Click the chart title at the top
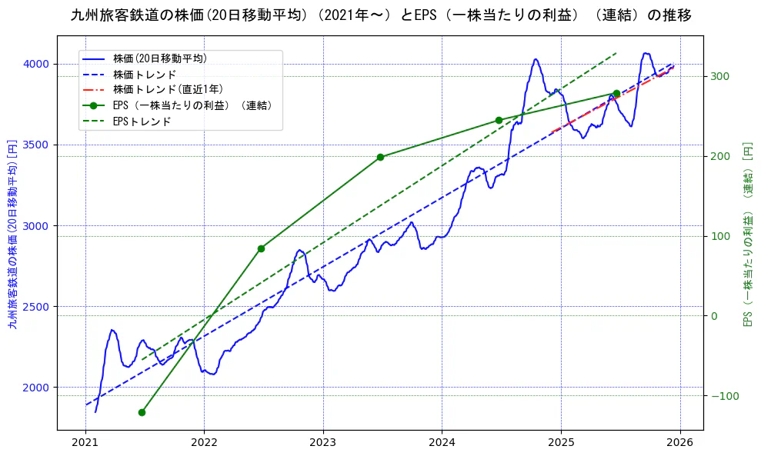point(380,15)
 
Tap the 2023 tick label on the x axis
point(323,444)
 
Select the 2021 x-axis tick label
point(85,444)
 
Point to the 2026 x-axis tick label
point(680,444)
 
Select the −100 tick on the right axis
point(722,396)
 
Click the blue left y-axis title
point(12,234)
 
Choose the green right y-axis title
point(747,234)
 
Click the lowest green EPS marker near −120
point(142,412)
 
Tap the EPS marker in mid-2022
point(261,248)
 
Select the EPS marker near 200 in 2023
point(380,157)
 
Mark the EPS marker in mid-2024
point(499,120)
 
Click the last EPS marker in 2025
point(616,93)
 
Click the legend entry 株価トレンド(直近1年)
point(166,89)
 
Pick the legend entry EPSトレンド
point(142,121)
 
